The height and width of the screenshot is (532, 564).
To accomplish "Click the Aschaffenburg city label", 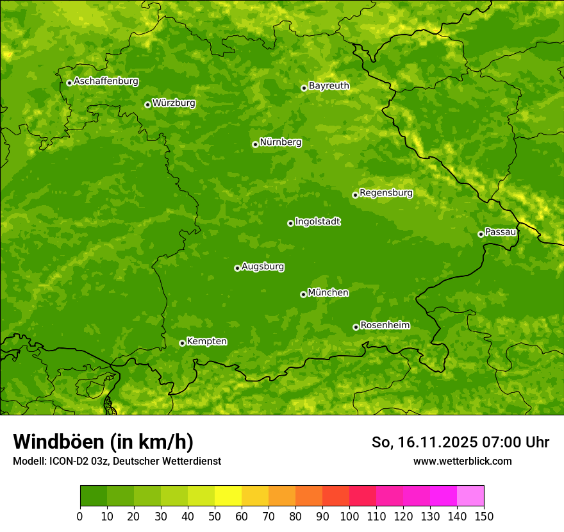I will [106, 81].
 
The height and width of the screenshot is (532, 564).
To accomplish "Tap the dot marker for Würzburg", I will [147, 104].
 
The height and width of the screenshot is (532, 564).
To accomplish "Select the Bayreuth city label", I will [329, 86].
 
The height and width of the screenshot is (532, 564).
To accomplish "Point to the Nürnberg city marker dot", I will [255, 144].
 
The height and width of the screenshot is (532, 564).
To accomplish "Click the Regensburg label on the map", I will [386, 193].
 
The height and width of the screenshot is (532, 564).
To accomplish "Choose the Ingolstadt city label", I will [317, 222].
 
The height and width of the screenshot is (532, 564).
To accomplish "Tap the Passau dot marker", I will [481, 234].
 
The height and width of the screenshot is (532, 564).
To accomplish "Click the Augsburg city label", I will [263, 267].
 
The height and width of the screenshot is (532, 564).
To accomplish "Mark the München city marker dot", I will [303, 294].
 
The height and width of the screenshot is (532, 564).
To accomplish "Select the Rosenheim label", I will [385, 326].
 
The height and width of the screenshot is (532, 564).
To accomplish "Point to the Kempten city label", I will [206, 342].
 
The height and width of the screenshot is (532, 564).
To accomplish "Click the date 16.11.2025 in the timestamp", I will [436, 442].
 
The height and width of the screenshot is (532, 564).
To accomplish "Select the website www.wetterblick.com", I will [462, 461].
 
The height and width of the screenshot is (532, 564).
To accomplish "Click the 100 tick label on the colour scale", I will [349, 517].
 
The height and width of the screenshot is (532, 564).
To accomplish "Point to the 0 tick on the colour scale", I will [80, 517].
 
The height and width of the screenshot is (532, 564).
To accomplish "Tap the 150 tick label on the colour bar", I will [483, 517].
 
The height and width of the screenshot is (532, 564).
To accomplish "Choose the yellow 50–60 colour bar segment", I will [228, 496].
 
